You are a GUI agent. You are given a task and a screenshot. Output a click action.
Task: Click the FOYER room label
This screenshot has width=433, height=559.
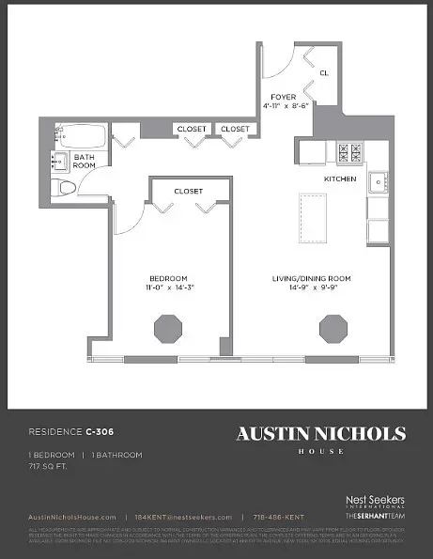[x=284, y=97]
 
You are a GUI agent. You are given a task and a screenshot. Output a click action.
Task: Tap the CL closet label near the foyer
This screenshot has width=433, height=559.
[x=324, y=72]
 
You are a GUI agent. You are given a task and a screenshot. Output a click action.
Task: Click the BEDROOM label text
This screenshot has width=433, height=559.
[x=168, y=278]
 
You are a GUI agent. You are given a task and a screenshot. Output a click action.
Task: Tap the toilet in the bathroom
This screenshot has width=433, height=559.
[x=65, y=188]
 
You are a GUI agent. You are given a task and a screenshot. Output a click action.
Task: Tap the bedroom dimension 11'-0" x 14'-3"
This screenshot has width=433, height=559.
[x=168, y=287]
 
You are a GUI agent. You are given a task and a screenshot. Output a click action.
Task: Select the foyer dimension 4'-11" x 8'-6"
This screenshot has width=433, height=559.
[x=284, y=106]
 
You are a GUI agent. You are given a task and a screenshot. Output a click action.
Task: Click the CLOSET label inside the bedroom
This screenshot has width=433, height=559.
[x=188, y=191]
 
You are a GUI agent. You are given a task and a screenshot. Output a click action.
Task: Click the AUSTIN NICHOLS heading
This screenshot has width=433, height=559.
[x=320, y=434]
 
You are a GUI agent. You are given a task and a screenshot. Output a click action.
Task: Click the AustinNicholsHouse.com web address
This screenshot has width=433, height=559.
[x=71, y=518]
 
